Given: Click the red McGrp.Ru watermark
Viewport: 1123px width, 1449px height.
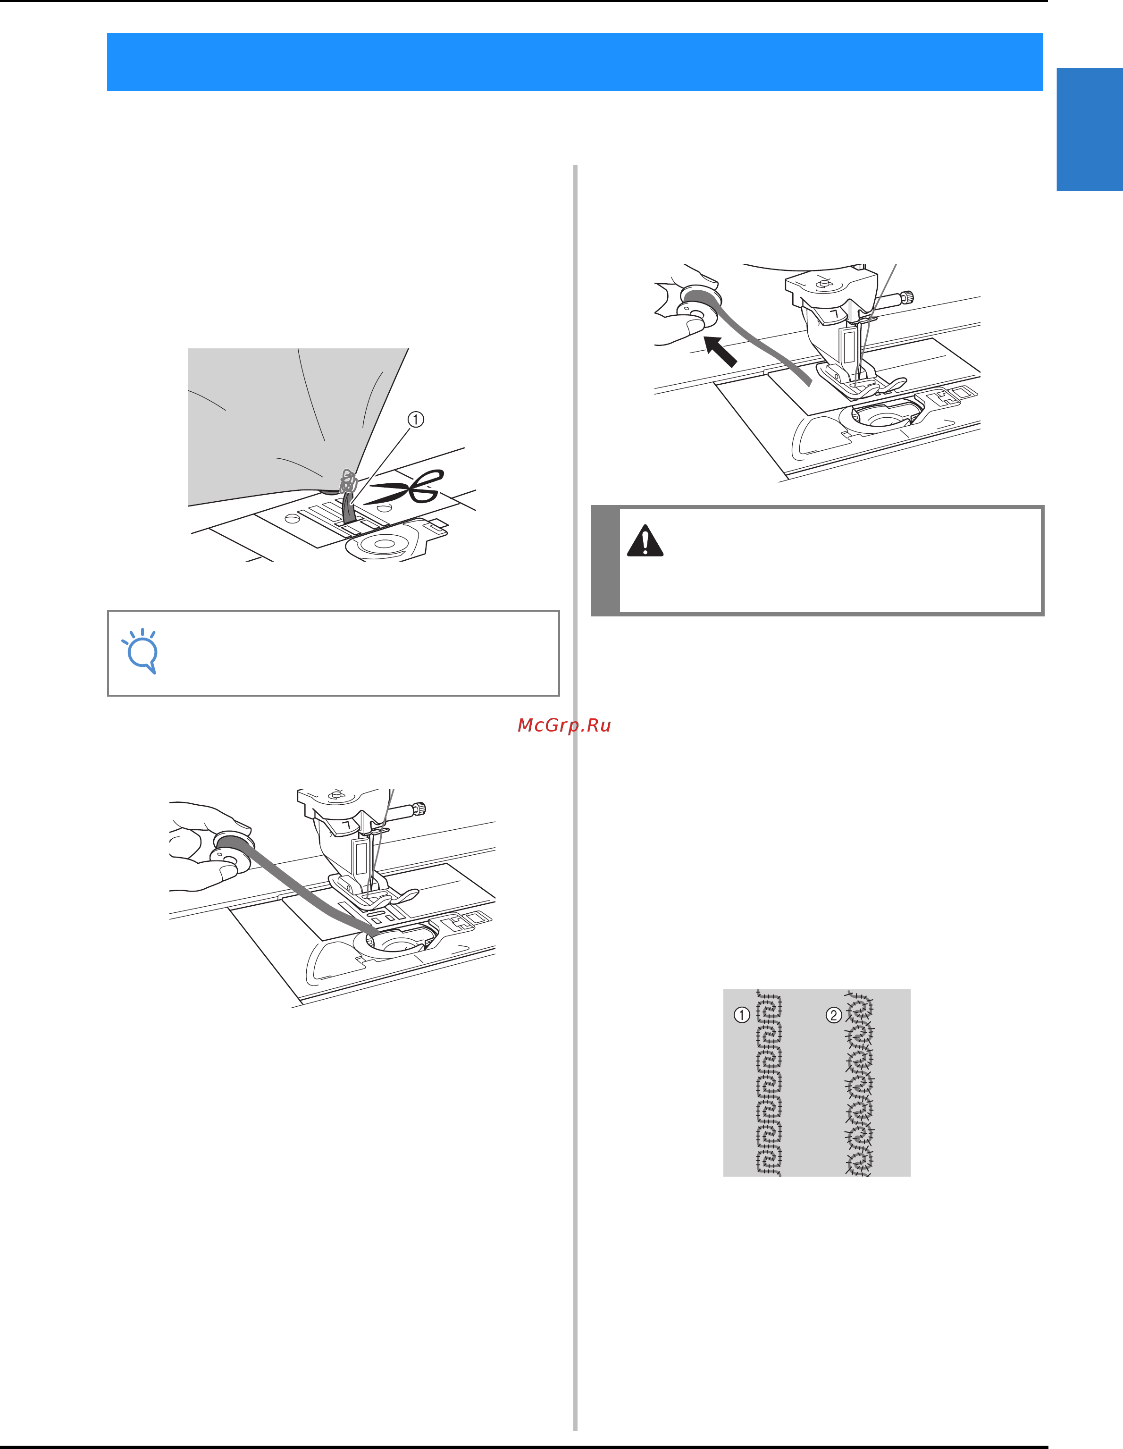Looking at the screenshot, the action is tap(564, 725).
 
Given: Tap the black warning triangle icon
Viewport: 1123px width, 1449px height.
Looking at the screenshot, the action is tap(645, 541).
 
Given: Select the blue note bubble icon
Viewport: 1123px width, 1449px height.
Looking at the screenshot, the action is tap(141, 651).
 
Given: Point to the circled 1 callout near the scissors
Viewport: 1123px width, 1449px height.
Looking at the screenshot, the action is tap(415, 419).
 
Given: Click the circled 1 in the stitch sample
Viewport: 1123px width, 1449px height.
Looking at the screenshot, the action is tap(742, 1014).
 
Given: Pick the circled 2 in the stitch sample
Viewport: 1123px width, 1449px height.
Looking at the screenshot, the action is tap(834, 1014).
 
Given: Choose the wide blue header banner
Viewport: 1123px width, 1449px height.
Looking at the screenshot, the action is tap(574, 62).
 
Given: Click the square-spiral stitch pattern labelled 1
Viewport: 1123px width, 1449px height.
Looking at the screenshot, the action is tap(769, 1083).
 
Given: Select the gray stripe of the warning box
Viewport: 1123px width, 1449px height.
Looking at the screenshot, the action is tap(605, 561).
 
